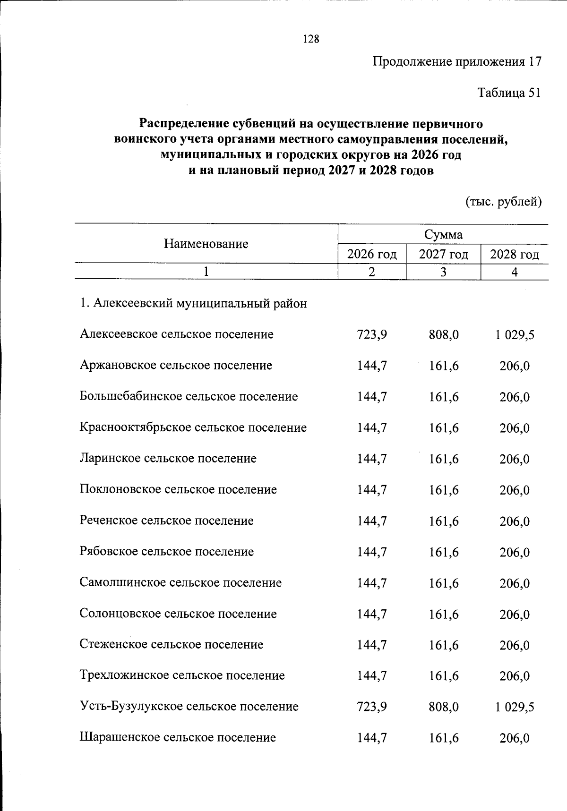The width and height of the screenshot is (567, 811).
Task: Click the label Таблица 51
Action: point(509,93)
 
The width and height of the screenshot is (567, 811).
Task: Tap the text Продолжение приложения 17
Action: point(457,62)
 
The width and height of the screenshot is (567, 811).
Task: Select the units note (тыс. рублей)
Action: point(503,202)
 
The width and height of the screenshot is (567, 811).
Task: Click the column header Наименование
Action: point(206,244)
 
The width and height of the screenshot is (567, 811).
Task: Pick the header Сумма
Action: point(443,234)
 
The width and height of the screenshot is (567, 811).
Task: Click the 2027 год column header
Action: point(443,255)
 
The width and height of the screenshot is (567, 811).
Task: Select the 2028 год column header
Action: point(515,255)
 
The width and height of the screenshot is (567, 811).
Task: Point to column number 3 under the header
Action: point(443,272)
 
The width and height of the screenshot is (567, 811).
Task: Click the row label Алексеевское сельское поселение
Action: point(177,334)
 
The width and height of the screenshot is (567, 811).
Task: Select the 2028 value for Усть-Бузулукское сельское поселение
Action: point(515,707)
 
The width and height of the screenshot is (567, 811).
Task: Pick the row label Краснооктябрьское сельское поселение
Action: point(193,427)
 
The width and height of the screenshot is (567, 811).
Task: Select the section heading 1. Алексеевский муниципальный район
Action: point(193,303)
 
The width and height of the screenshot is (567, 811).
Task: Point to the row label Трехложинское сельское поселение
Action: point(182,675)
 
